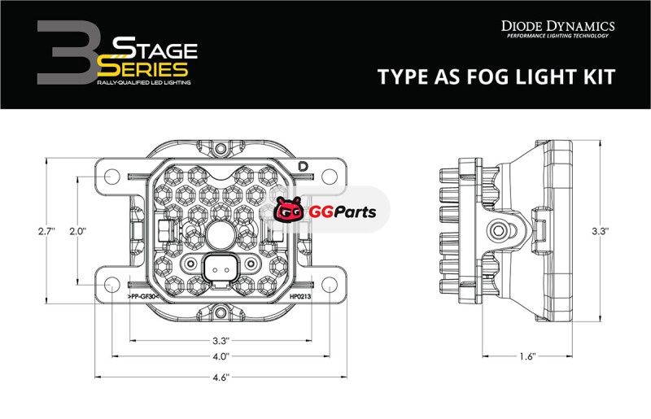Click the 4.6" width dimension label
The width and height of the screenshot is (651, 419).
(x=221, y=377)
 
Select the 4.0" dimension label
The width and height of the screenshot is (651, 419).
(x=221, y=356)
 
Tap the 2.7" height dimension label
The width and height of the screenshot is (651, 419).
(x=47, y=231)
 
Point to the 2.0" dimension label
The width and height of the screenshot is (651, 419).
(x=77, y=231)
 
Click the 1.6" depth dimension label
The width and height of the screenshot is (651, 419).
(x=527, y=356)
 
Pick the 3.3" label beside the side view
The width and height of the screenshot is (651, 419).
(x=601, y=231)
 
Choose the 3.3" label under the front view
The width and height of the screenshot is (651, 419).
(x=221, y=341)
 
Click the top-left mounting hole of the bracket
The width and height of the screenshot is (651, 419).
(x=111, y=177)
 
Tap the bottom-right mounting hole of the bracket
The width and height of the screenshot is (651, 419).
(x=330, y=285)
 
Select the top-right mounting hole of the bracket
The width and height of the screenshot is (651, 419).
(x=330, y=177)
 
